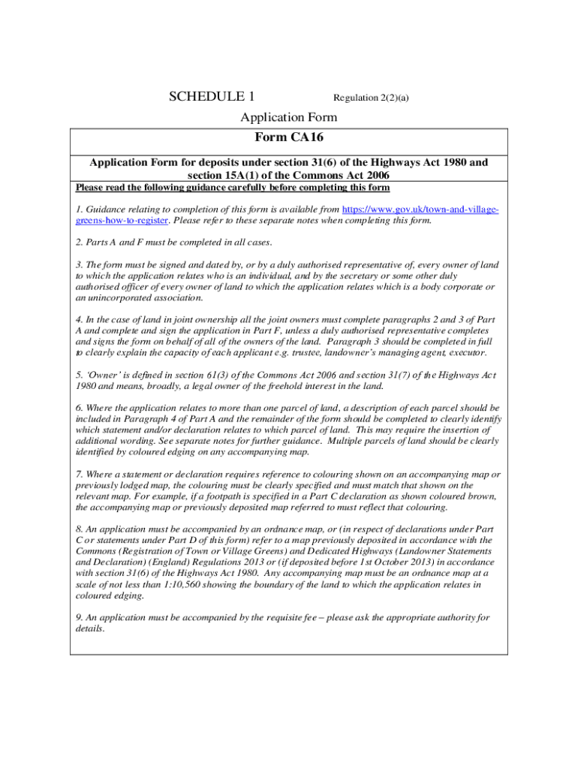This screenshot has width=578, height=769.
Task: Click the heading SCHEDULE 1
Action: pos(212,96)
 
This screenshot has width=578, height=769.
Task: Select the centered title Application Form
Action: pos(288,117)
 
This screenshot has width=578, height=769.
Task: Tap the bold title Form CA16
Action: pos(289,137)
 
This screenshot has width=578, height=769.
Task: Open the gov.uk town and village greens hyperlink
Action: pos(420,210)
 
